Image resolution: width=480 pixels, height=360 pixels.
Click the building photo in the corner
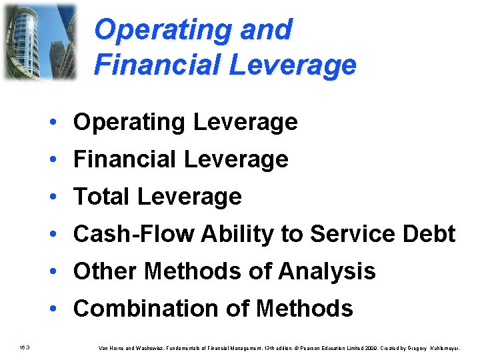point(39,41)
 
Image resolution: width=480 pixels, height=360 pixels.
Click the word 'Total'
point(101,197)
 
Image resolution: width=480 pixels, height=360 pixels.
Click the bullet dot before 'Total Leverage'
point(59,197)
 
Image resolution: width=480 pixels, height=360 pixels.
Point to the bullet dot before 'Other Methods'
point(59,272)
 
